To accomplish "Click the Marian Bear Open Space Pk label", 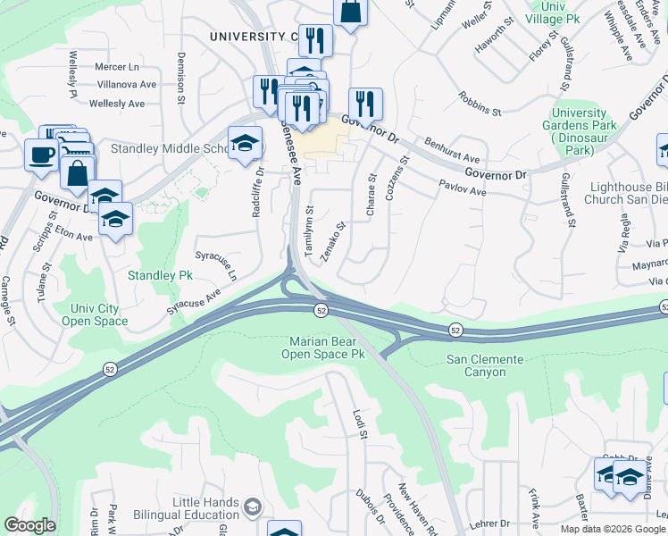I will (327, 348).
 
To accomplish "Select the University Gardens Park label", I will (580, 131).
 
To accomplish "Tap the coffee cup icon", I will (41, 155).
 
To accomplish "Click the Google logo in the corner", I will (29, 525).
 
